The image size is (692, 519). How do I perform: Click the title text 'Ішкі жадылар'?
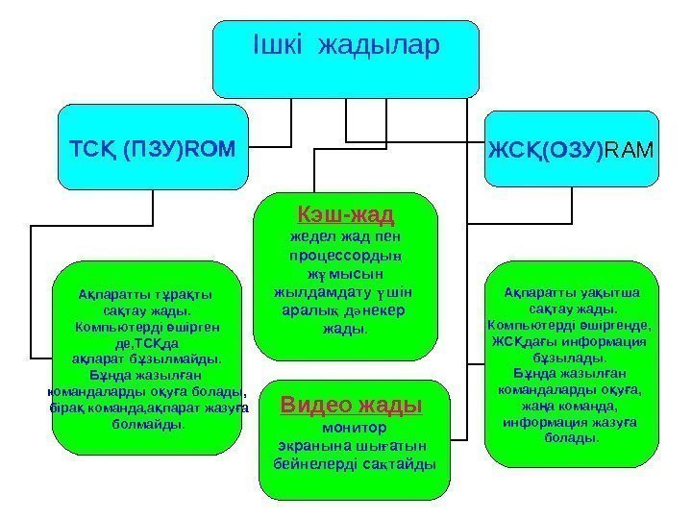pyautogui.click(x=345, y=44)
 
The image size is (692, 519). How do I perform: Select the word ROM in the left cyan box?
pyautogui.click(x=213, y=149)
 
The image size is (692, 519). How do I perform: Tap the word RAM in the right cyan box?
pyautogui.click(x=630, y=150)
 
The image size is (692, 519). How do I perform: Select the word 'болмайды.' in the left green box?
pyautogui.click(x=145, y=423)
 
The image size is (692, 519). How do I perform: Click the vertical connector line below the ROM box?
pyautogui.click(x=154, y=207)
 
